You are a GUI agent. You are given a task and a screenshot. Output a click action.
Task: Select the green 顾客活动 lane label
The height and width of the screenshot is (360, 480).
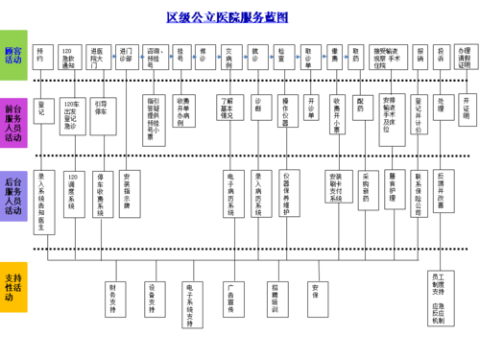click(x=13, y=56)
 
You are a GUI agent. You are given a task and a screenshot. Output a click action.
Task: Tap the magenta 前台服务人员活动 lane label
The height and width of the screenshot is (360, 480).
click(x=13, y=122)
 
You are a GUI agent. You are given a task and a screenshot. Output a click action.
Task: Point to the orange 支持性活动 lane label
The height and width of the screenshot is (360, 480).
click(x=13, y=287)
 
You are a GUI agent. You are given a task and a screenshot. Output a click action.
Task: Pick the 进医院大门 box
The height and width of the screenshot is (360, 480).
click(x=97, y=56)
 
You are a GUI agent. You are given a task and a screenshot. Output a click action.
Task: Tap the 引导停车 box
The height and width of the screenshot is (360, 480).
click(x=101, y=108)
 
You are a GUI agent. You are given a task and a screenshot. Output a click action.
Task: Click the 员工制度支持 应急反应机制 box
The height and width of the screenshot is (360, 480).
click(x=437, y=299)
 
